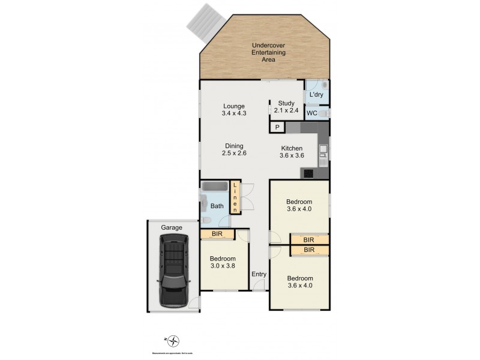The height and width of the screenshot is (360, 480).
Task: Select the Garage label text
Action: coord(171,227)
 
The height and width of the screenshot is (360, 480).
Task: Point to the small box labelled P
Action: coord(277,127)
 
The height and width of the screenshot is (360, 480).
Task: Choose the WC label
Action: coord(312,113)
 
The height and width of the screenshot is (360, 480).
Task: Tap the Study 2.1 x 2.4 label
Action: coord(286,107)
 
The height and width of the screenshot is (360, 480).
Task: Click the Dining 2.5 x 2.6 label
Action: coord(235,149)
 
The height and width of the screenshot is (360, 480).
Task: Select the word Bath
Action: coord(217,206)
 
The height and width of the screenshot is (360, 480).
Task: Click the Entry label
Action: coord(259,274)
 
